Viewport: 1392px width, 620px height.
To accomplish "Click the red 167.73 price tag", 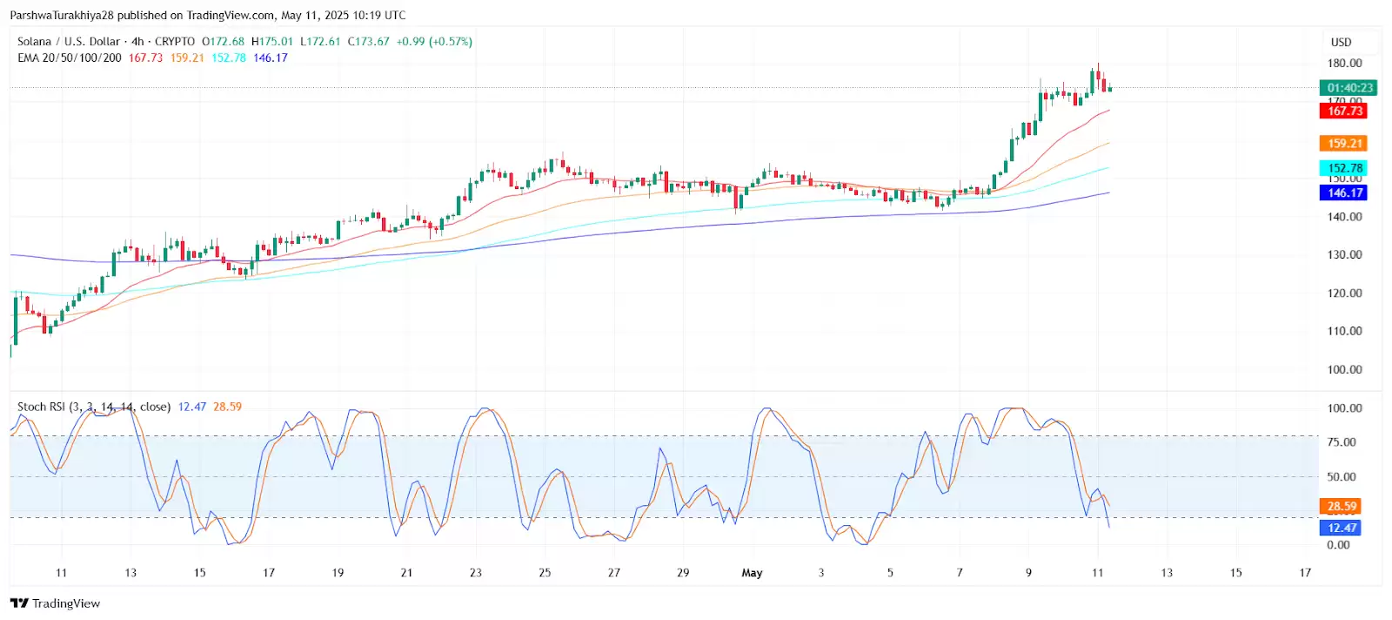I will pos(1344,111).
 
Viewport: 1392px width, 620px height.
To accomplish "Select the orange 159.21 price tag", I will pos(1344,144).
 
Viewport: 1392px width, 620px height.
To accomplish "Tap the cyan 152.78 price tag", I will pos(1344,168).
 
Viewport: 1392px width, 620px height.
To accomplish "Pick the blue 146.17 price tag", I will pos(1344,192).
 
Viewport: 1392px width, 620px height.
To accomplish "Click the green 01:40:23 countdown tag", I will pos(1349,87).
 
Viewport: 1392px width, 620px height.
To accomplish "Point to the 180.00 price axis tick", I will pos(1344,64).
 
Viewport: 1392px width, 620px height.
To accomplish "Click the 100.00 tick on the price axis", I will pos(1344,369).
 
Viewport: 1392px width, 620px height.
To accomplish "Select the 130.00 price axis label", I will pos(1344,255).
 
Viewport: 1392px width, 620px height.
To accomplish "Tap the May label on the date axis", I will pos(752,573).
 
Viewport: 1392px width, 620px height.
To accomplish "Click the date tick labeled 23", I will pos(476,573).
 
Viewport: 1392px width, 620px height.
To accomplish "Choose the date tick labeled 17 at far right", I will pos(1305,573).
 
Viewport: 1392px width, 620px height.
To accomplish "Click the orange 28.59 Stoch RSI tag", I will pos(1342,506).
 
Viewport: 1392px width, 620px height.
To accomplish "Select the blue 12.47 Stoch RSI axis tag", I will pos(1342,528).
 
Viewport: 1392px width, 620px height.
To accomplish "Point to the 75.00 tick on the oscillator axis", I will pos(1342,442).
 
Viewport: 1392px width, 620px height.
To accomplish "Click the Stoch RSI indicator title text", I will pos(93,407).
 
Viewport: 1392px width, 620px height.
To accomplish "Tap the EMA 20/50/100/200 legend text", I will pos(70,57).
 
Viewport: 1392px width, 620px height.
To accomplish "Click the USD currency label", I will pos(1341,42).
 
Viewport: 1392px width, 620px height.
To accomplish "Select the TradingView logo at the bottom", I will pos(56,603).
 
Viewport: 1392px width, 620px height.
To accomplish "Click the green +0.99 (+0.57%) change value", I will pos(434,42).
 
